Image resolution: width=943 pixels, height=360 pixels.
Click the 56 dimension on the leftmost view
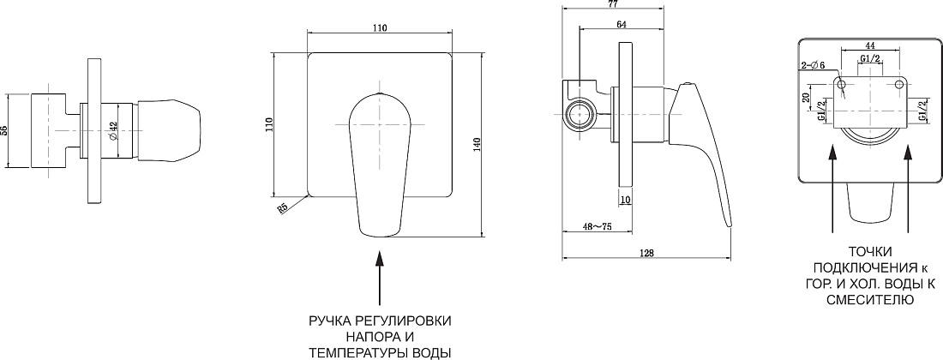[x=3, y=130]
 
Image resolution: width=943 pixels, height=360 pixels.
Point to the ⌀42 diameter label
[x=113, y=130]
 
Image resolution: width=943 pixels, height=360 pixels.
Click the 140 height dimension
[x=477, y=144]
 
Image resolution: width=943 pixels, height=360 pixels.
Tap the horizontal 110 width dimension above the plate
[x=379, y=27]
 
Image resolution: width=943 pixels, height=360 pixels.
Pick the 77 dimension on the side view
[x=613, y=3]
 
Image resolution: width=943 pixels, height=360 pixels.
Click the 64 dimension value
[x=622, y=24]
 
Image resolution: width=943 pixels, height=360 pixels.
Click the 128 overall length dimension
[x=646, y=252]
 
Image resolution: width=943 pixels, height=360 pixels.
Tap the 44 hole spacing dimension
[x=869, y=45]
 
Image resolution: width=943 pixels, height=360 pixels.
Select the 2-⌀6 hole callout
[x=813, y=65]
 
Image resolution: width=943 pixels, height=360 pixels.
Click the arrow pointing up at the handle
[x=380, y=279]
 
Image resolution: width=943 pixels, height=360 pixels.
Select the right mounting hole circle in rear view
[x=899, y=83]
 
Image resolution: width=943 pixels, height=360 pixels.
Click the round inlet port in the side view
[x=580, y=114]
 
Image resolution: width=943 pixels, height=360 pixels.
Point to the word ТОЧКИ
[x=870, y=252]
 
